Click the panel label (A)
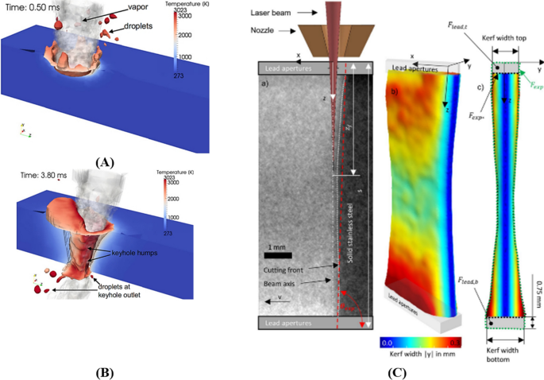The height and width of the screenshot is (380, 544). pyautogui.click(x=104, y=162)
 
